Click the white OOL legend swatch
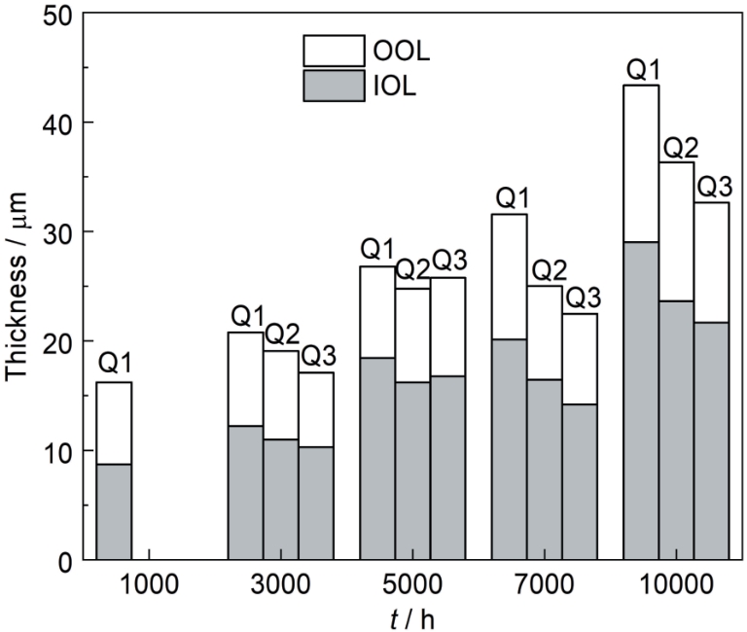coord(330,50)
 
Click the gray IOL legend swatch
coord(330,85)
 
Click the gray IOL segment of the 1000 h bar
coord(114,511)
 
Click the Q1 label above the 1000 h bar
coord(114,366)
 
